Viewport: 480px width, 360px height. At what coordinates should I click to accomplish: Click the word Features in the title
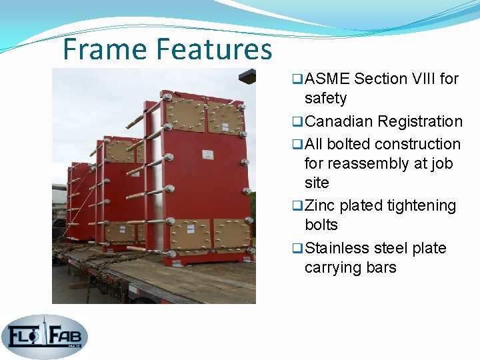(215, 49)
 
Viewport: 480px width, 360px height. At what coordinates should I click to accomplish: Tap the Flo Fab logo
(44, 337)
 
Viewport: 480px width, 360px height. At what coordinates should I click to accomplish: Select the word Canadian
(338, 121)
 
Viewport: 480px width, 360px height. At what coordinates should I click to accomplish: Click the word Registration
(419, 121)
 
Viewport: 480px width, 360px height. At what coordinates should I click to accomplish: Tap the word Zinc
(320, 206)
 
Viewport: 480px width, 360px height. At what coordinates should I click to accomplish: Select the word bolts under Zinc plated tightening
(321, 225)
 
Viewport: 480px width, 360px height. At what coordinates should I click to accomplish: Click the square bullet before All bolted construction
(297, 145)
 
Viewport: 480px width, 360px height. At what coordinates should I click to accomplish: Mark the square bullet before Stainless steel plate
(297, 249)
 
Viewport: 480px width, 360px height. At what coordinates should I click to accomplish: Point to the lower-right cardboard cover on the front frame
(230, 234)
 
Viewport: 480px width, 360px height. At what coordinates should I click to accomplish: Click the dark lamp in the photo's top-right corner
(248, 75)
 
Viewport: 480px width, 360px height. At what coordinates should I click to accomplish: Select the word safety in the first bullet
(325, 98)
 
